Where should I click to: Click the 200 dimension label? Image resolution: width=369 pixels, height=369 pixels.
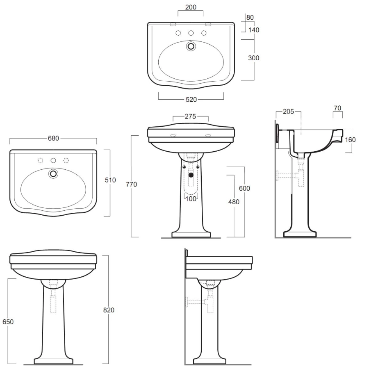coord(191,7)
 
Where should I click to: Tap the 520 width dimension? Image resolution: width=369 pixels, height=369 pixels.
coord(191,100)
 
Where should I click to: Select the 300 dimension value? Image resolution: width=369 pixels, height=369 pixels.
coord(254,58)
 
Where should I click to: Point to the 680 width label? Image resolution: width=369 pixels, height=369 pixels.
coord(53,138)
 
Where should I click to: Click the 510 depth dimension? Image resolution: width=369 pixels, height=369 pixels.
coord(110,180)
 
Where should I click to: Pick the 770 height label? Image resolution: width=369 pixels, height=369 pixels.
coord(131,184)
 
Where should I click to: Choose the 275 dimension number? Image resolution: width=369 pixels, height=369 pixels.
coord(190,116)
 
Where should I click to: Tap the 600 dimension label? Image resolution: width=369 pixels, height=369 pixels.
coord(244,188)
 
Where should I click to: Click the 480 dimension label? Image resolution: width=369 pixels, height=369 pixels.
coord(234,202)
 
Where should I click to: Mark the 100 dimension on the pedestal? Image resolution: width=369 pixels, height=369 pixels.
coord(191,199)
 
